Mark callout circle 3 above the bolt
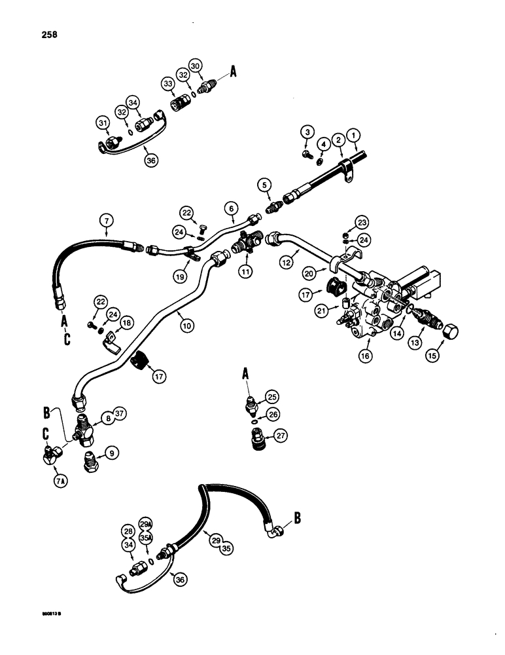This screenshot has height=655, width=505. coord(307,133)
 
